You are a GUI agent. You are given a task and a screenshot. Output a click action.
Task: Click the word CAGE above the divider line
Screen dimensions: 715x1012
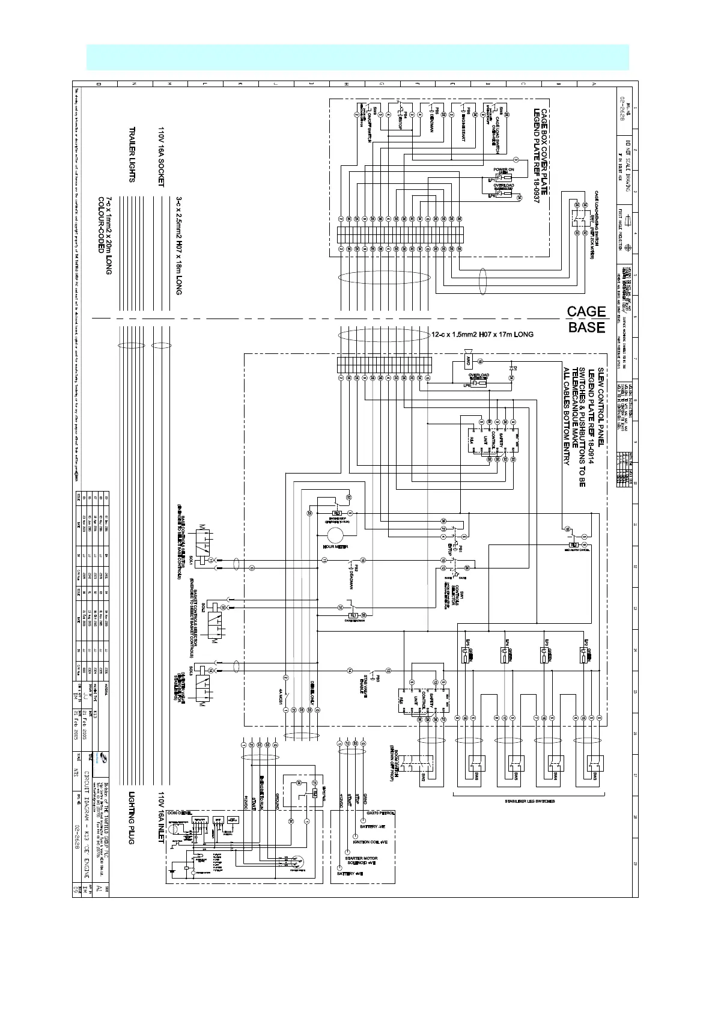(586, 311)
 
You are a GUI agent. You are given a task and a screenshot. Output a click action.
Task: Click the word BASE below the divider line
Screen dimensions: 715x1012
(586, 328)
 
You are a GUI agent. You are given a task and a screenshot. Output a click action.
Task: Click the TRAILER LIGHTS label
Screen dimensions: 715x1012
(131, 154)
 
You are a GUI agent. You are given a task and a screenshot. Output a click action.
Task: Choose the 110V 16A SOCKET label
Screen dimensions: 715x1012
(161, 157)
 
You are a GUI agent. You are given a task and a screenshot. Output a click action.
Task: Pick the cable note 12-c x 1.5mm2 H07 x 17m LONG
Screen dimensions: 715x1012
(482, 334)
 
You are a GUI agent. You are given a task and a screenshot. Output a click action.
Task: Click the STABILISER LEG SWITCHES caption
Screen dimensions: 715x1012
(530, 801)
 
